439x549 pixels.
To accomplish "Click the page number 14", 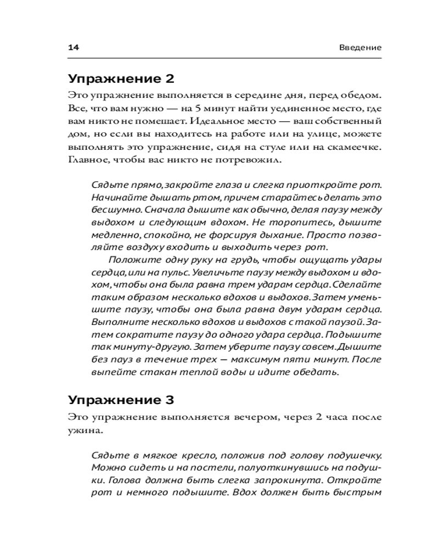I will point(74,48).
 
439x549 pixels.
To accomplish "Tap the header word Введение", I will point(359,48).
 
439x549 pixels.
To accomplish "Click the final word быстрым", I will point(358,494).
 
